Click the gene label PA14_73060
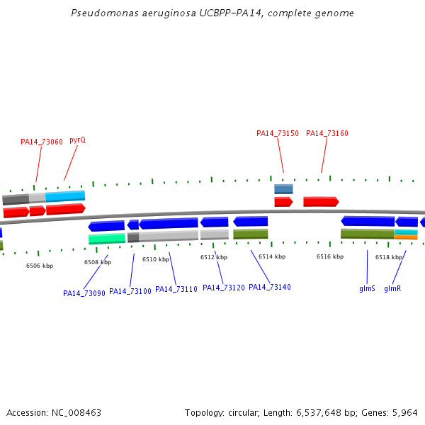click(42, 142)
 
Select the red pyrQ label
click(77, 140)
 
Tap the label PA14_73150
click(278, 133)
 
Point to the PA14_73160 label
click(327, 133)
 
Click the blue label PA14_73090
click(84, 293)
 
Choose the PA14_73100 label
click(130, 291)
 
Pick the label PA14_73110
click(176, 289)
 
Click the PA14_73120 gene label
click(224, 288)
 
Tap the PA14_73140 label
click(270, 287)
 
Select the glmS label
click(367, 289)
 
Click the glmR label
click(392, 289)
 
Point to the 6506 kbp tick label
click(40, 266)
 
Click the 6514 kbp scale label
click(272, 256)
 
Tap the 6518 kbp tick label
click(389, 257)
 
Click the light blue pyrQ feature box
click(65, 195)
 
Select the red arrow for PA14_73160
click(321, 202)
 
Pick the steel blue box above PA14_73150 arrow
click(283, 189)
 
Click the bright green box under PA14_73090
click(107, 239)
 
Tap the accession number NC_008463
click(75, 412)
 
